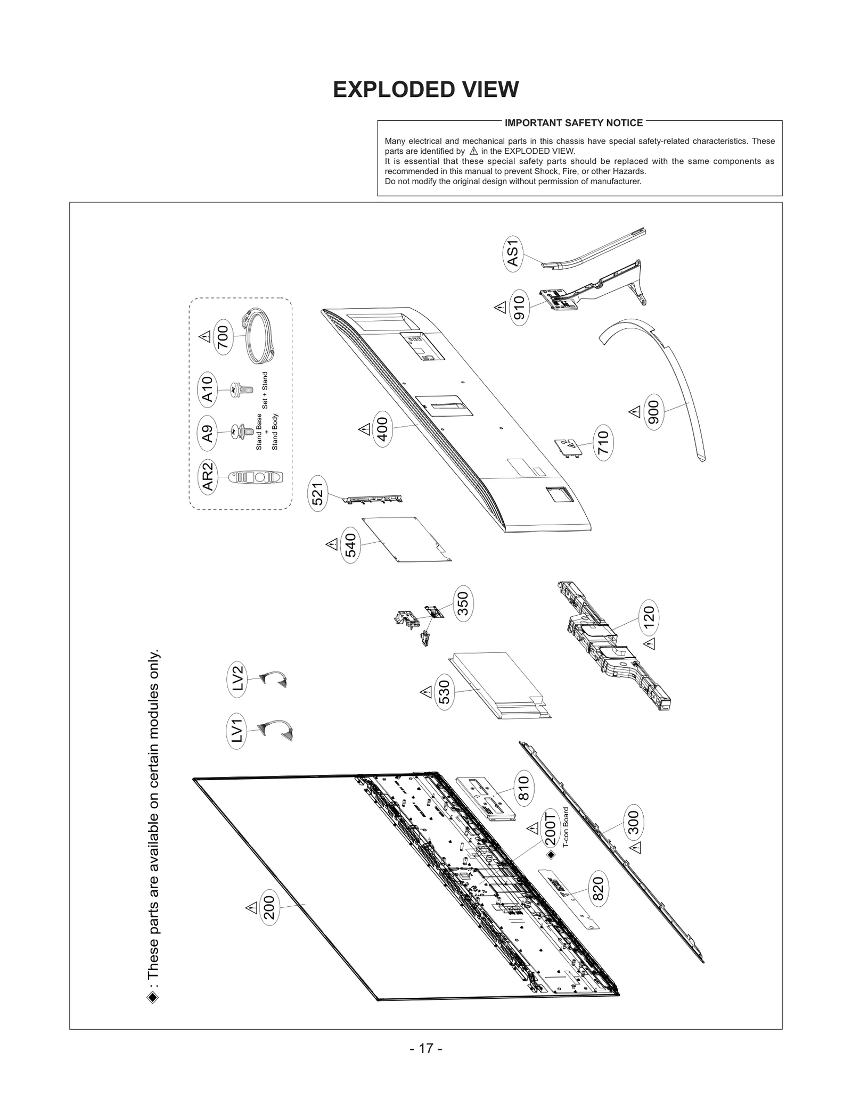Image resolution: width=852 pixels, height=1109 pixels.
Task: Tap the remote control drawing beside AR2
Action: pos(255,477)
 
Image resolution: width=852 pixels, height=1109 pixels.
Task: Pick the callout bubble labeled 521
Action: pos(318,494)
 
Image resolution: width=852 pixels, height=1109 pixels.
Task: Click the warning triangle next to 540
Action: pos(332,544)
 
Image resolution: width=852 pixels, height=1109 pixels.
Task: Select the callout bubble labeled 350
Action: pos(463,603)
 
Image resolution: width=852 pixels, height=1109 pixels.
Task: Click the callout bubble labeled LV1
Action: pos(237,730)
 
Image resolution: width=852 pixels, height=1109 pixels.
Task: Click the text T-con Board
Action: pos(566,827)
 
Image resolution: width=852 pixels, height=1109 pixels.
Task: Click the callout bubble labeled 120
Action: pos(649,618)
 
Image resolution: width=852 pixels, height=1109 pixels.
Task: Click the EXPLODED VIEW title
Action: pos(425,89)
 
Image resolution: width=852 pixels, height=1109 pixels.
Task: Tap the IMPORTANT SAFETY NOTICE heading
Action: pos(574,123)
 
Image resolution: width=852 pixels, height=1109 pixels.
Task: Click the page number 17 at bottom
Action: pos(425,1048)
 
